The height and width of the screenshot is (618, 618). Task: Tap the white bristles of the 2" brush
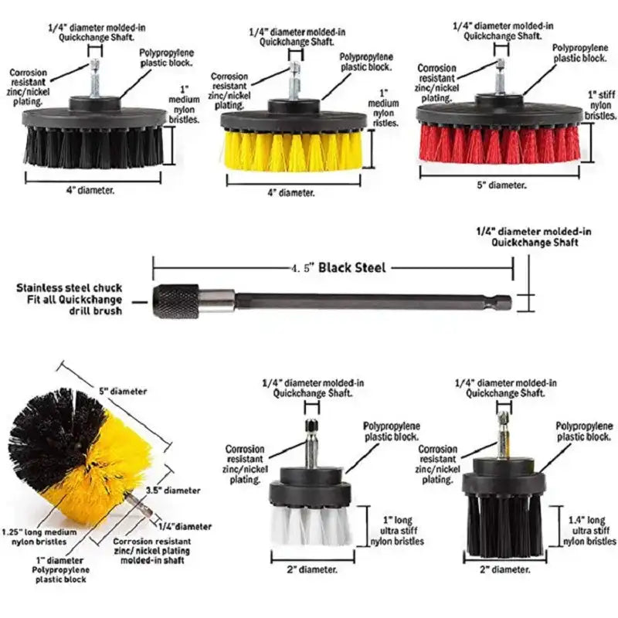pos(310,525)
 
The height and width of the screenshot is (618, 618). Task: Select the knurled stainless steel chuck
pos(178,299)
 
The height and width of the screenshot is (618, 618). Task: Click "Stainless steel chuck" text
pos(70,287)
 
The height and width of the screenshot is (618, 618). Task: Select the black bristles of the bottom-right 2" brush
pos(502,525)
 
